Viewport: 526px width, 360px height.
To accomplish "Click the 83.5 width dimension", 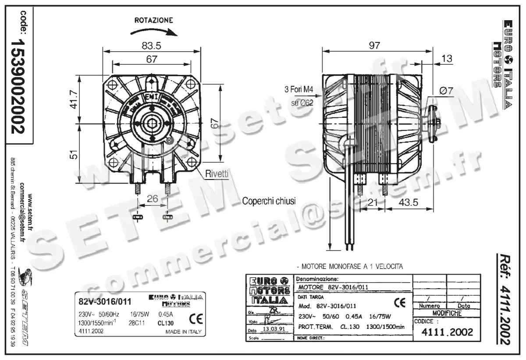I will pos(152,45).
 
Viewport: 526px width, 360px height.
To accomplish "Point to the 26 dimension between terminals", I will pos(152,199).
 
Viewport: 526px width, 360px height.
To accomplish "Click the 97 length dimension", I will pos(374,45).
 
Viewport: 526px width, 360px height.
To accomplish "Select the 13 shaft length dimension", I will pos(447,59).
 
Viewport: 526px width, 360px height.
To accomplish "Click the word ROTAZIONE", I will pos(153,20).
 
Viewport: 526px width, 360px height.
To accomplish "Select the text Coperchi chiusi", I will pos(269,201).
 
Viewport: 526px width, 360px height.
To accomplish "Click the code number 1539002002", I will pos(18,86).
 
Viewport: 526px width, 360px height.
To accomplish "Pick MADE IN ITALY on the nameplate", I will pos(183,332).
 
